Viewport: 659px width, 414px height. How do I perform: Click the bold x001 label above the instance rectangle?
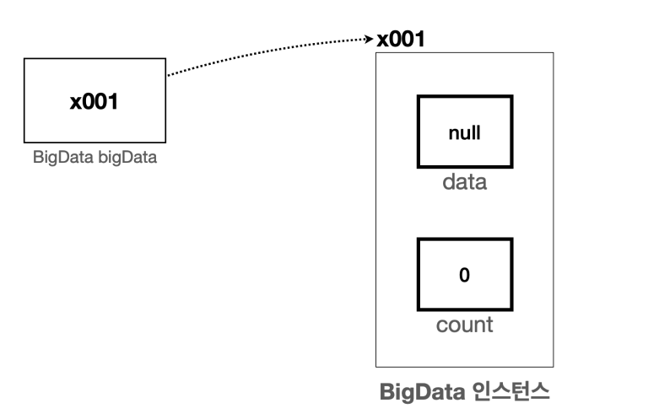[402, 40]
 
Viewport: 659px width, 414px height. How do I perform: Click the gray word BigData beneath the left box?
[57, 157]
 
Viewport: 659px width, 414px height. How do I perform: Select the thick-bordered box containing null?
[464, 133]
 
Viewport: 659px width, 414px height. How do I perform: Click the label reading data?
[465, 182]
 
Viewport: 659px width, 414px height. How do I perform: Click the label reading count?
[464, 325]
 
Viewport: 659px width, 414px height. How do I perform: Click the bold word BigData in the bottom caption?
[417, 393]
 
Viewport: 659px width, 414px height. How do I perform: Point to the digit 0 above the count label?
[464, 276]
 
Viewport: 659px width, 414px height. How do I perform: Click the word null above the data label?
[464, 133]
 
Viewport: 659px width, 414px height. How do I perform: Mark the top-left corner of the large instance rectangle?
[375, 52]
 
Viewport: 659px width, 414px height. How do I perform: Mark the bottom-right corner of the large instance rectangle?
[554, 366]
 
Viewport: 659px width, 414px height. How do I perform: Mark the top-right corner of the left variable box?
[165, 59]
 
